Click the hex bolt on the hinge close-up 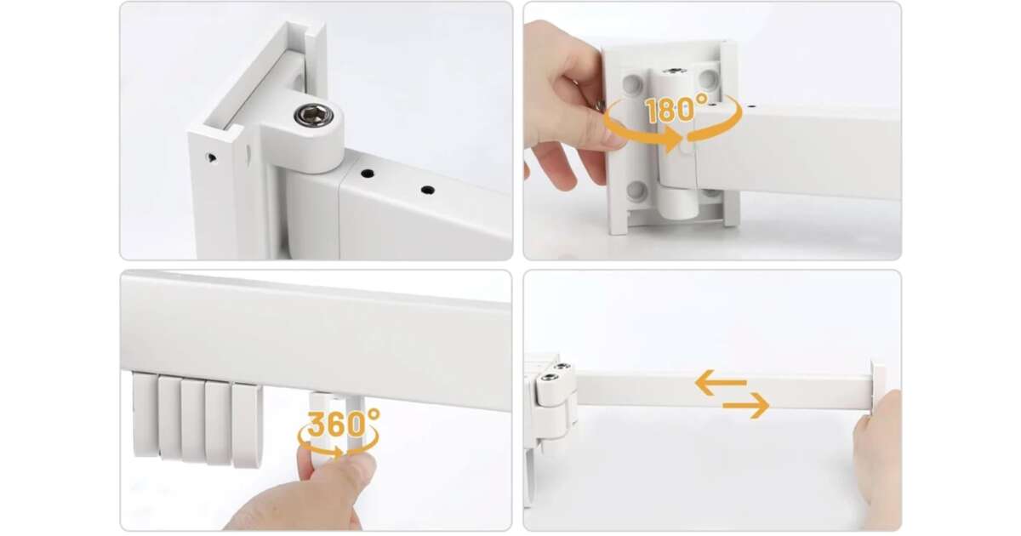[x=312, y=115]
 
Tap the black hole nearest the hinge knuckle [x=367, y=174]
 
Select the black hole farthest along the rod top [x=427, y=190]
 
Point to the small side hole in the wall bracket [x=211, y=157]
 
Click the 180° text [x=677, y=110]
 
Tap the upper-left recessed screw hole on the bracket [x=633, y=83]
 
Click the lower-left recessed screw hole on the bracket [x=636, y=190]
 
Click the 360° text [x=343, y=424]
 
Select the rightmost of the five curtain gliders [x=246, y=425]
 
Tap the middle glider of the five [x=193, y=420]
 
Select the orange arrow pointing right [x=745, y=405]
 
